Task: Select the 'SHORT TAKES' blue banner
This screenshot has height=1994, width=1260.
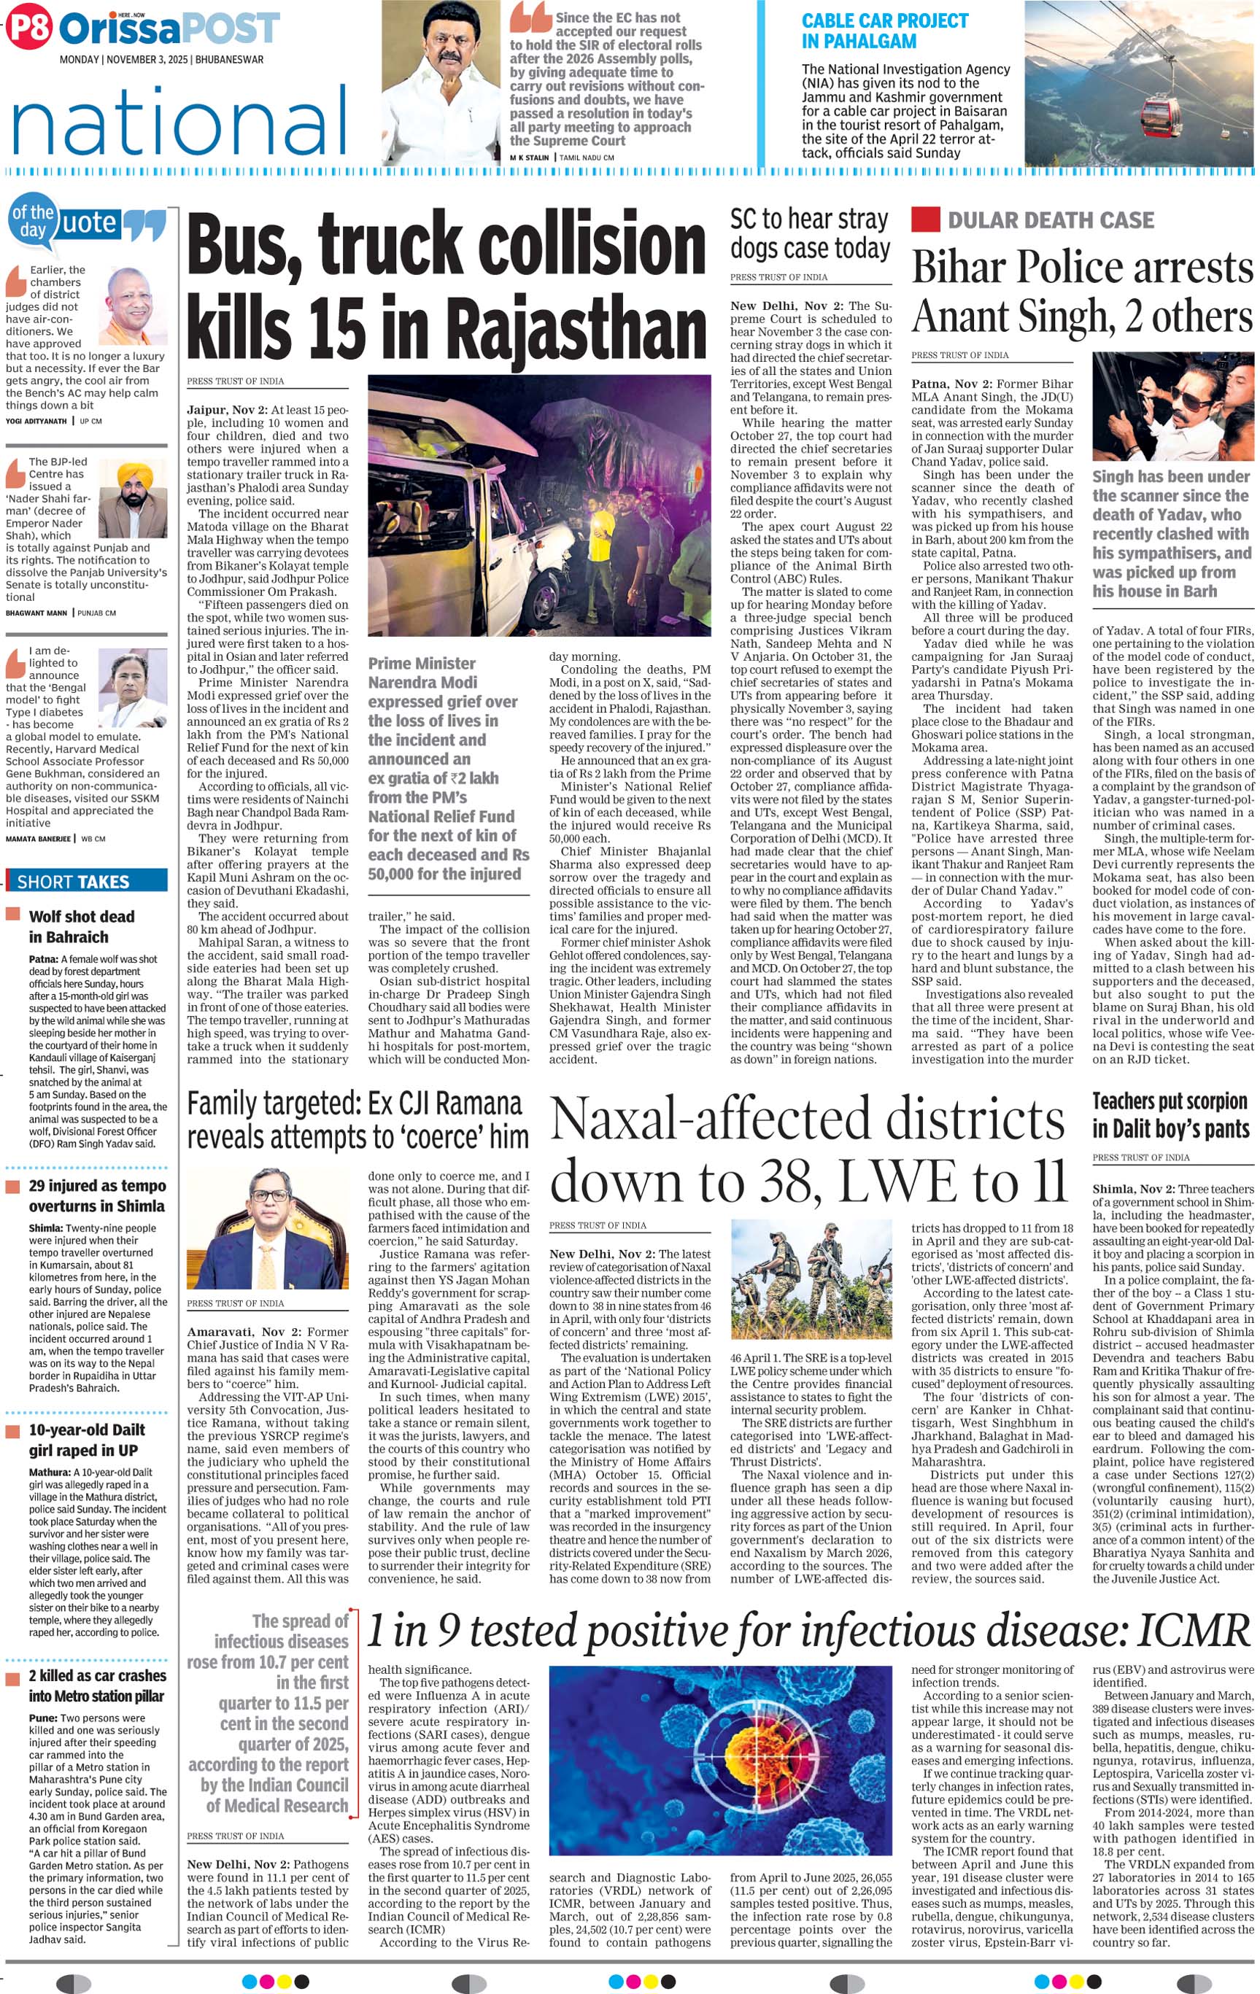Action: click(87, 881)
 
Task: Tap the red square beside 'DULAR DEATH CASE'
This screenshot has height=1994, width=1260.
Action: click(925, 220)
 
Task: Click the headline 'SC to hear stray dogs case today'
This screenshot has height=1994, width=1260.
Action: click(809, 233)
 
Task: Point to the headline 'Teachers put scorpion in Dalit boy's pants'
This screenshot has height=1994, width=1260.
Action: click(1170, 1114)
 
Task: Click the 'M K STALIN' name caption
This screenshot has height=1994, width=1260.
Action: click(530, 158)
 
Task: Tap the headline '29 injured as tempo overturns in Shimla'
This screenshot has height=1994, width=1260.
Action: click(97, 1195)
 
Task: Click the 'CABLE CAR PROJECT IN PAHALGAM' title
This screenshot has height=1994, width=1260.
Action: click(884, 31)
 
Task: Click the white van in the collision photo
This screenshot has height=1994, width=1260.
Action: click(464, 530)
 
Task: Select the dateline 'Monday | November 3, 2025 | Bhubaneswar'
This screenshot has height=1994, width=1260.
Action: click(161, 60)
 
